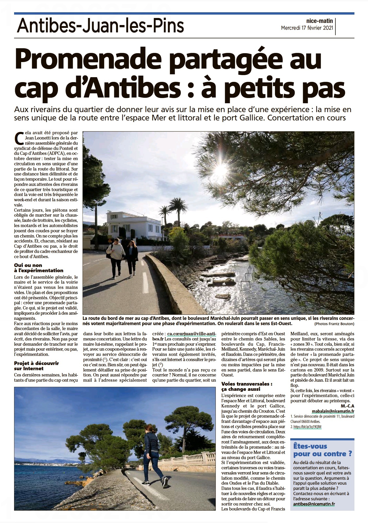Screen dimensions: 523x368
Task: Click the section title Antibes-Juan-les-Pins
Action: click(x=101, y=26)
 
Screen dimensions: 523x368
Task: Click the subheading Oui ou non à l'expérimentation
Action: click(x=39, y=268)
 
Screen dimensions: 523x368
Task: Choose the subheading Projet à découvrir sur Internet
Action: click(x=37, y=366)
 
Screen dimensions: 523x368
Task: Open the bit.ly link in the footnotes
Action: click(x=307, y=427)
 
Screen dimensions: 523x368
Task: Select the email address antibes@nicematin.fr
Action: click(x=314, y=503)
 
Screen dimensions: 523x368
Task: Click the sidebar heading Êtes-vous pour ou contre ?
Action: click(x=323, y=450)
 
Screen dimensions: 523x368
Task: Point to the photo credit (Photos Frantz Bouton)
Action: click(x=334, y=324)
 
